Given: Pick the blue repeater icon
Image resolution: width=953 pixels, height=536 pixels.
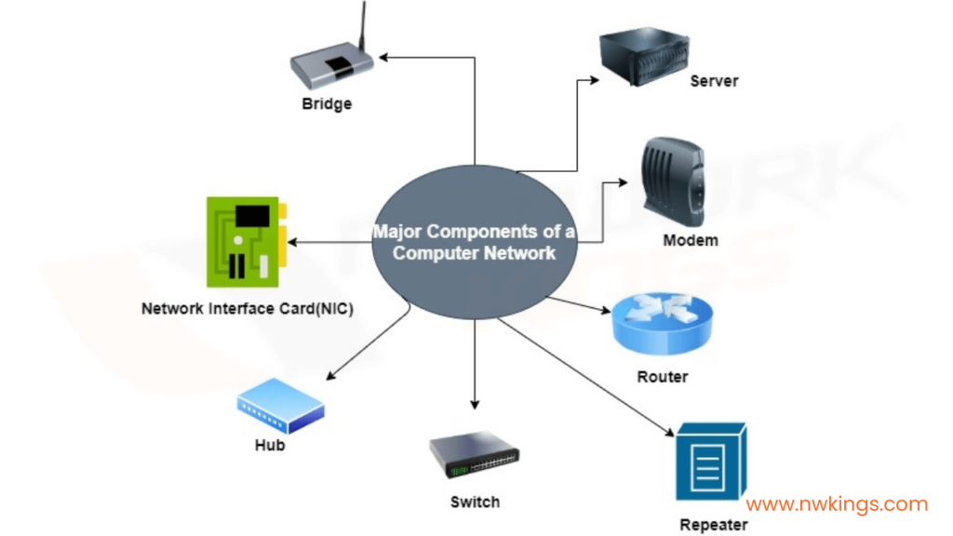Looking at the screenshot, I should (x=711, y=471).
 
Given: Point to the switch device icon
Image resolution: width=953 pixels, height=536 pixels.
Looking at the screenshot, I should (x=474, y=456).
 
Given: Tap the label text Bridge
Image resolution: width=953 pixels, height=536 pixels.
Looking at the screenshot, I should (x=327, y=103).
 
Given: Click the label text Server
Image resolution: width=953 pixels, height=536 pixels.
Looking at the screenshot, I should (x=714, y=81).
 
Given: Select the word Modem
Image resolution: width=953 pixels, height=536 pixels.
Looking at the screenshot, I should (x=690, y=240).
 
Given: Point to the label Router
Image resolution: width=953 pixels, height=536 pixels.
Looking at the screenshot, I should (x=663, y=377).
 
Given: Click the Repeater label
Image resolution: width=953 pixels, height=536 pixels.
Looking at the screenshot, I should (x=713, y=525).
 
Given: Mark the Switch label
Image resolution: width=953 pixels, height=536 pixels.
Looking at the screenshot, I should (x=475, y=502).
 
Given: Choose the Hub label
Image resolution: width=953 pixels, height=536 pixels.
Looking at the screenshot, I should (x=270, y=445).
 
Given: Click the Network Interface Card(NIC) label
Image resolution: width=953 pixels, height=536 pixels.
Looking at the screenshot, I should (x=247, y=308).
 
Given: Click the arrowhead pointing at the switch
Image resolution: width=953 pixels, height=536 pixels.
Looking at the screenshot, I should (x=475, y=403).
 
